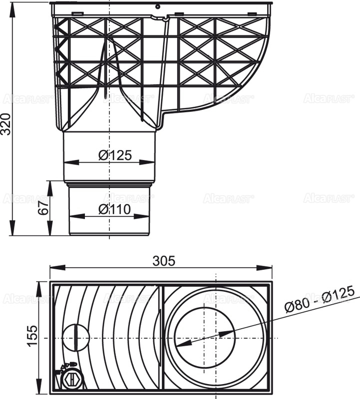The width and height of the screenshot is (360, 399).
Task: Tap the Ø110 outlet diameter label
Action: [114, 209]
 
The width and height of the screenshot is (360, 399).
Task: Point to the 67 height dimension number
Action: [44, 205]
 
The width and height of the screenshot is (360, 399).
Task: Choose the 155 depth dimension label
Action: [31, 338]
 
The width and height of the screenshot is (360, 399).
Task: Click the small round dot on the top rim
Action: [157, 7]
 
